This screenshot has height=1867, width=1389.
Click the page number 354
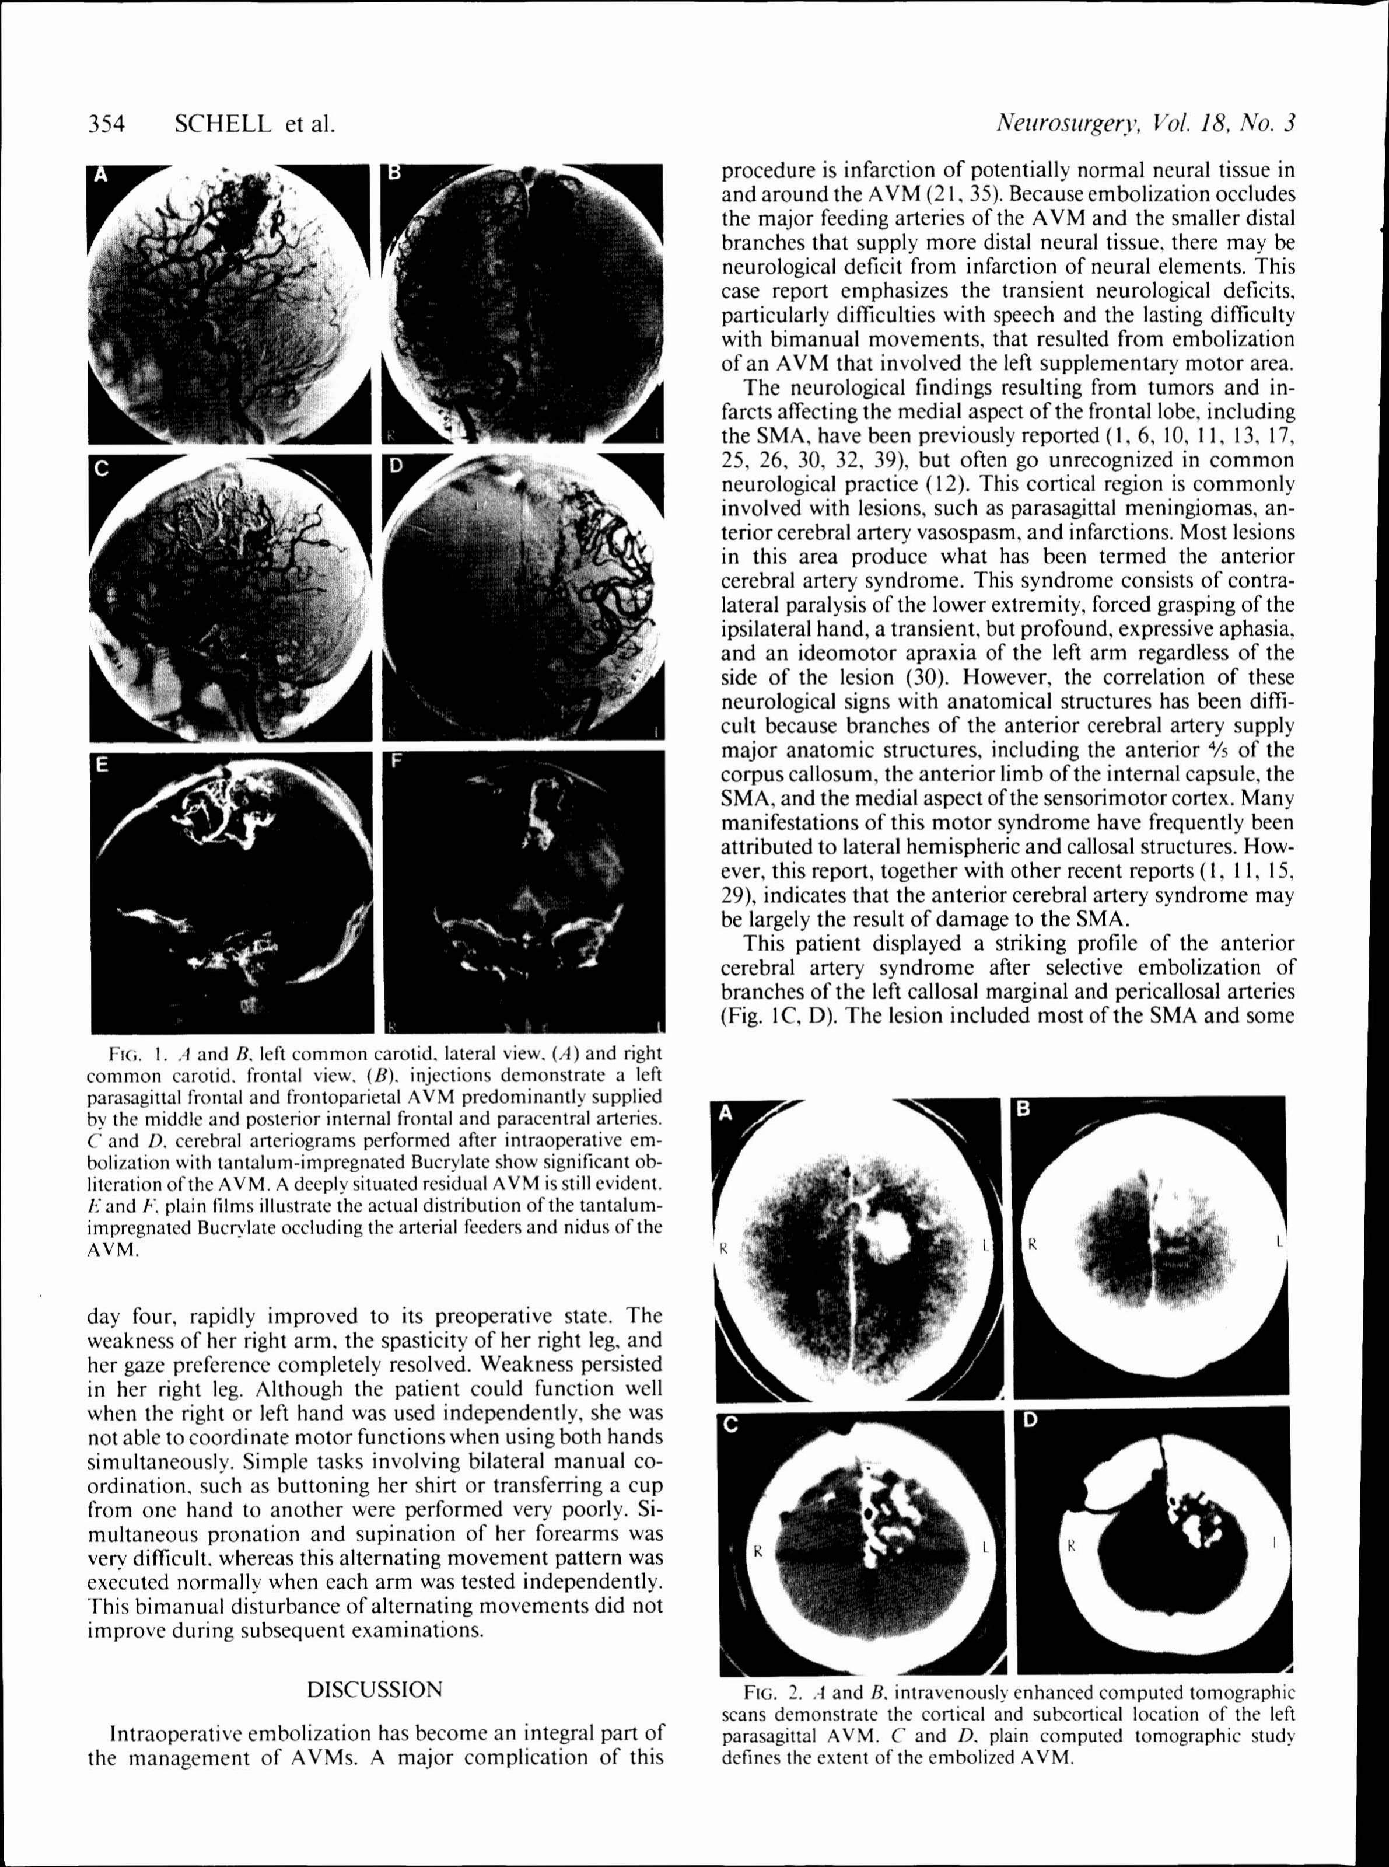tap(106, 124)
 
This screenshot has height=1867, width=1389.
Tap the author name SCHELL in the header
tap(223, 124)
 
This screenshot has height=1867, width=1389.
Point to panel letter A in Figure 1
tap(101, 175)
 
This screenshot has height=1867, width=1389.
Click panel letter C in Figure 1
tap(101, 469)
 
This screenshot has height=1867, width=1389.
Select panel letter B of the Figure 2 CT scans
tap(1024, 1108)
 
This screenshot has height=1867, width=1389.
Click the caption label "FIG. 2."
tap(768, 1691)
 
